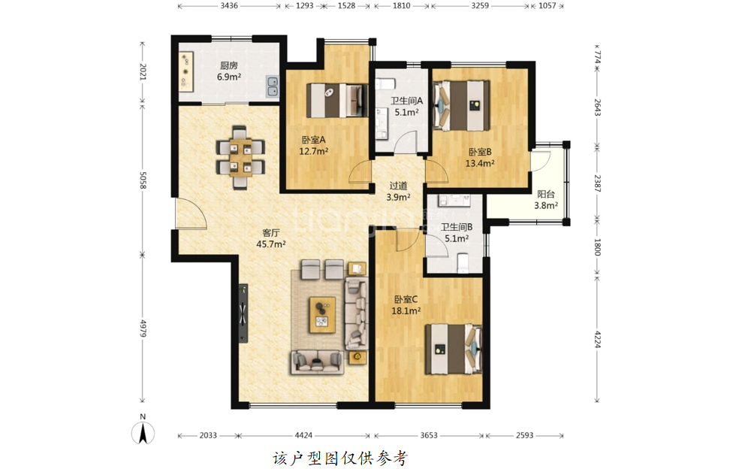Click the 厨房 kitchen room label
(x=228, y=65)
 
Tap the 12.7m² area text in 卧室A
(x=314, y=151)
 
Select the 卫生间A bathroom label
(x=406, y=101)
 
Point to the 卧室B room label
(x=480, y=152)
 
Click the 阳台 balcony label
(x=546, y=194)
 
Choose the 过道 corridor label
(x=398, y=186)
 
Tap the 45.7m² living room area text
(x=271, y=244)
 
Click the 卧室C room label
(x=406, y=299)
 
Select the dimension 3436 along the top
(x=228, y=5)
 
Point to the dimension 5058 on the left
(x=143, y=180)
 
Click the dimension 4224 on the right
(x=598, y=339)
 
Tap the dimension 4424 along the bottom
(x=303, y=435)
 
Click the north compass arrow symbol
(x=143, y=434)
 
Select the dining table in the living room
(x=240, y=157)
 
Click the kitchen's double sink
(x=272, y=86)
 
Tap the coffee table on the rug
(x=322, y=315)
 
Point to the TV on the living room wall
(x=243, y=313)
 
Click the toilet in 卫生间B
(x=463, y=263)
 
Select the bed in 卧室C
(x=454, y=349)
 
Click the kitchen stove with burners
(x=186, y=72)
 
